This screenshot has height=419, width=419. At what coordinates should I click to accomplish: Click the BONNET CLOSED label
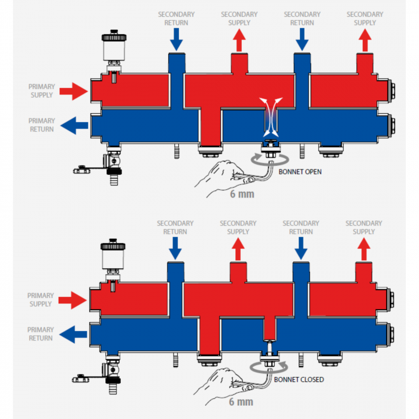299,379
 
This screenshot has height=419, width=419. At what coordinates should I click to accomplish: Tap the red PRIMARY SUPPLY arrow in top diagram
75,92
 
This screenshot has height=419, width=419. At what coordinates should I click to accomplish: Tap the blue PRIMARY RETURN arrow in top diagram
75,125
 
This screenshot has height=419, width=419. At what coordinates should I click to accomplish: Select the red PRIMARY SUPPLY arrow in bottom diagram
75,300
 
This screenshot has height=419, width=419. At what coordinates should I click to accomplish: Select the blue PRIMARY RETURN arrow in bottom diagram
75,334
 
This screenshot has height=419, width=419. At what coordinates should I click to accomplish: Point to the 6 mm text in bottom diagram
241,402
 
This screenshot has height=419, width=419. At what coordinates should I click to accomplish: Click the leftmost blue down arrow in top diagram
176,39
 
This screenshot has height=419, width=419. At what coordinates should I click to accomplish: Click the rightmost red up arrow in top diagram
365,40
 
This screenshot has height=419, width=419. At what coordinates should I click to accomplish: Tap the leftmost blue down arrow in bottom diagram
175,247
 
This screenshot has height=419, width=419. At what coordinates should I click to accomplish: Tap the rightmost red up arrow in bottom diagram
364,248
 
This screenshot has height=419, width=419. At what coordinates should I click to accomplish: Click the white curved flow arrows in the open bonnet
269,111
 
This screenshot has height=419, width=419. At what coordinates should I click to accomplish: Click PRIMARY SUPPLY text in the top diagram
41,91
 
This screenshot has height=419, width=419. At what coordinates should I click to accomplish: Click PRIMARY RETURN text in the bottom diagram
41,334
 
